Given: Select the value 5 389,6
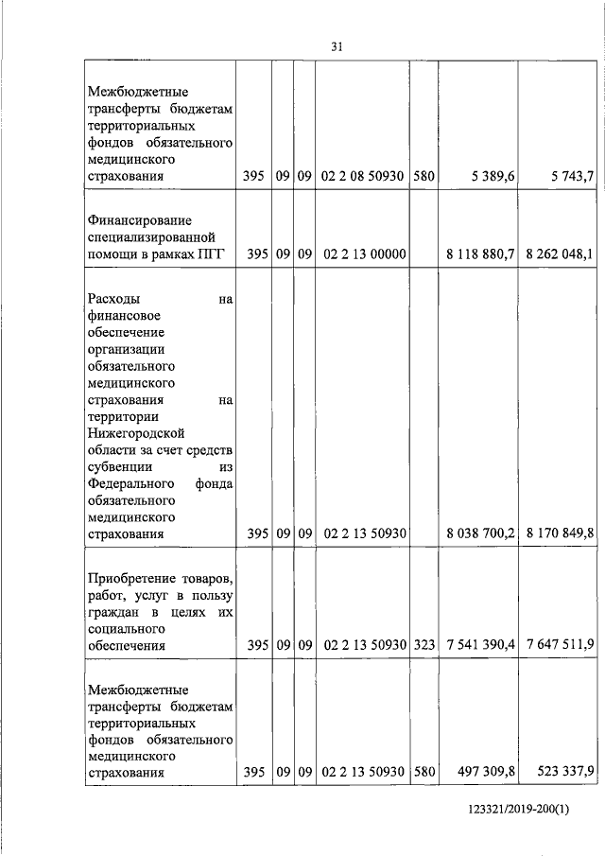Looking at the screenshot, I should (490, 176).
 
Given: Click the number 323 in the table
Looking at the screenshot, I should (423, 646).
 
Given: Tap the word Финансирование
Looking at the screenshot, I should (127, 218).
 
